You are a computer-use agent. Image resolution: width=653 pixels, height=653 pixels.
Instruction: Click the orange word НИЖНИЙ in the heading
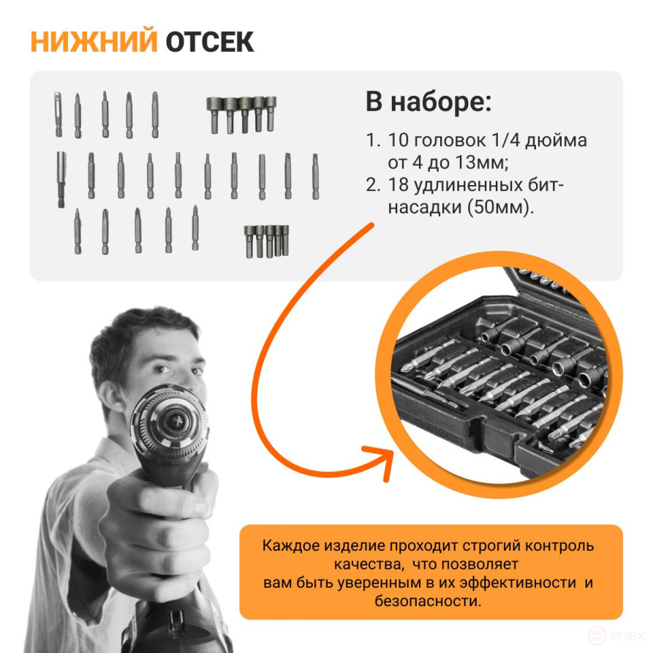(93, 42)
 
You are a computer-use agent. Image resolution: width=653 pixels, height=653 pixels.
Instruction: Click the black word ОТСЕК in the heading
(209, 42)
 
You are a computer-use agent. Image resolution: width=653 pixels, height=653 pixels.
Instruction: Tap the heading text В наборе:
(429, 102)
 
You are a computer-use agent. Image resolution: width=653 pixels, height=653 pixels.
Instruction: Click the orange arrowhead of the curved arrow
(386, 458)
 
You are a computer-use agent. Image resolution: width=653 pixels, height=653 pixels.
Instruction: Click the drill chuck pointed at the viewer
(173, 422)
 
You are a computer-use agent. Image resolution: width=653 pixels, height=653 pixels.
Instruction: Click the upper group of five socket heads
(241, 113)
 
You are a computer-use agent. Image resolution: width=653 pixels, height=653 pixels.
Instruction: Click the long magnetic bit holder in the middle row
(61, 178)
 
